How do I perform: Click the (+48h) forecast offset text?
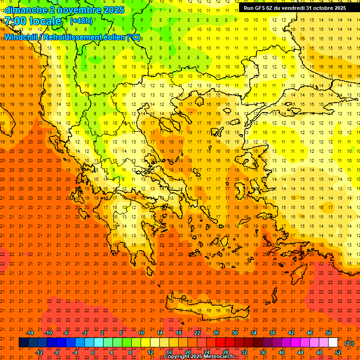pyautogui.click(x=81, y=21)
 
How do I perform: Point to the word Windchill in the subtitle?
pyautogui.click(x=22, y=37)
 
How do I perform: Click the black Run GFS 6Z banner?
pyautogui.click(x=295, y=8)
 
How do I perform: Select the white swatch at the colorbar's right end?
pyautogui.click(x=333, y=343)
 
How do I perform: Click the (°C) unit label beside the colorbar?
pyautogui.click(x=349, y=343)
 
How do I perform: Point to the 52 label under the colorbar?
pyautogui.click(x=337, y=352)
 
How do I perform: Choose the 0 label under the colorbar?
pyautogui.click(x=93, y=352)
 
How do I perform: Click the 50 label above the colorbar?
pyautogui.click(x=328, y=333)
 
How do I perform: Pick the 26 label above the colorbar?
pyautogui.click(x=216, y=333)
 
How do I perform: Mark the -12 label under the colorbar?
pyautogui.click(x=39, y=352)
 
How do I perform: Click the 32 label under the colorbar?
pyautogui.click(x=244, y=352)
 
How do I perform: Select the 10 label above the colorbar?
pyautogui.click(x=141, y=333)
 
